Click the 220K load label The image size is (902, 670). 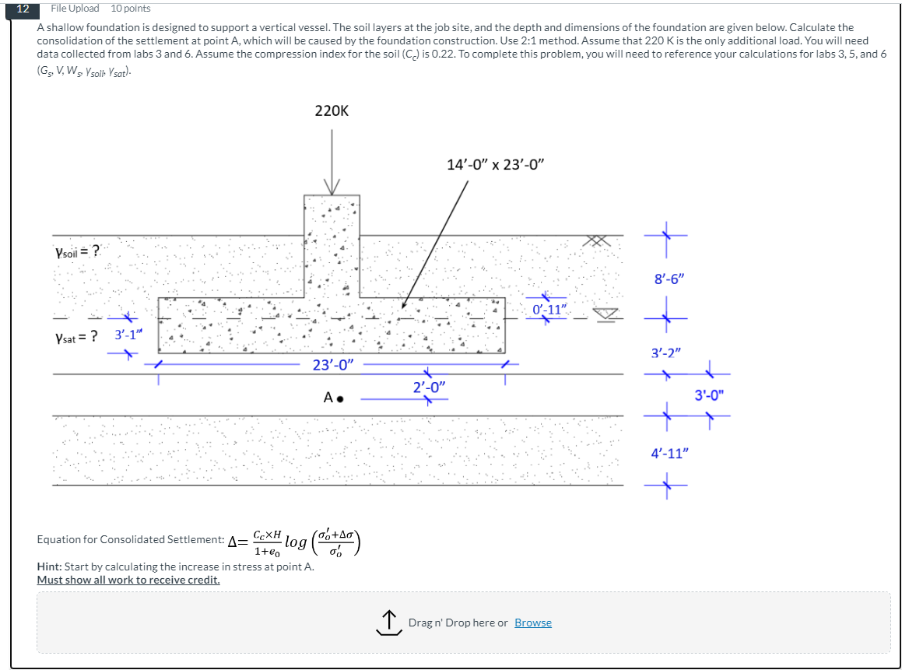(x=332, y=111)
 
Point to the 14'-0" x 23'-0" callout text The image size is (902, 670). (x=496, y=164)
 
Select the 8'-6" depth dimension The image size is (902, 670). (x=670, y=278)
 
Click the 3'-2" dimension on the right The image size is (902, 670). (x=667, y=353)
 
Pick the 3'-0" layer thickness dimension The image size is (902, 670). (x=709, y=395)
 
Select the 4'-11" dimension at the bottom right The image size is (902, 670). (x=670, y=453)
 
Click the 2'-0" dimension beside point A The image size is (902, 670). (x=429, y=387)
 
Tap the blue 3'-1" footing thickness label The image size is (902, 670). (x=128, y=335)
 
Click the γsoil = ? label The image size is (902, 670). (x=77, y=251)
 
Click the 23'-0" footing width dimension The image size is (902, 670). (x=333, y=364)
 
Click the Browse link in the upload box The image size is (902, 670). (x=532, y=623)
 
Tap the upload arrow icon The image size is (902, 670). (x=388, y=623)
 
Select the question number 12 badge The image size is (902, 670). (x=23, y=9)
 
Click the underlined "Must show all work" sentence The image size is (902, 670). (x=128, y=580)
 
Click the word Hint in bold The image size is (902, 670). (x=50, y=567)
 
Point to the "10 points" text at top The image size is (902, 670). (x=131, y=9)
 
